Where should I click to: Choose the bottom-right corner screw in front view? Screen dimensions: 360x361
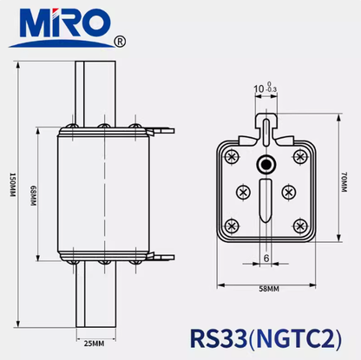[300, 226]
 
